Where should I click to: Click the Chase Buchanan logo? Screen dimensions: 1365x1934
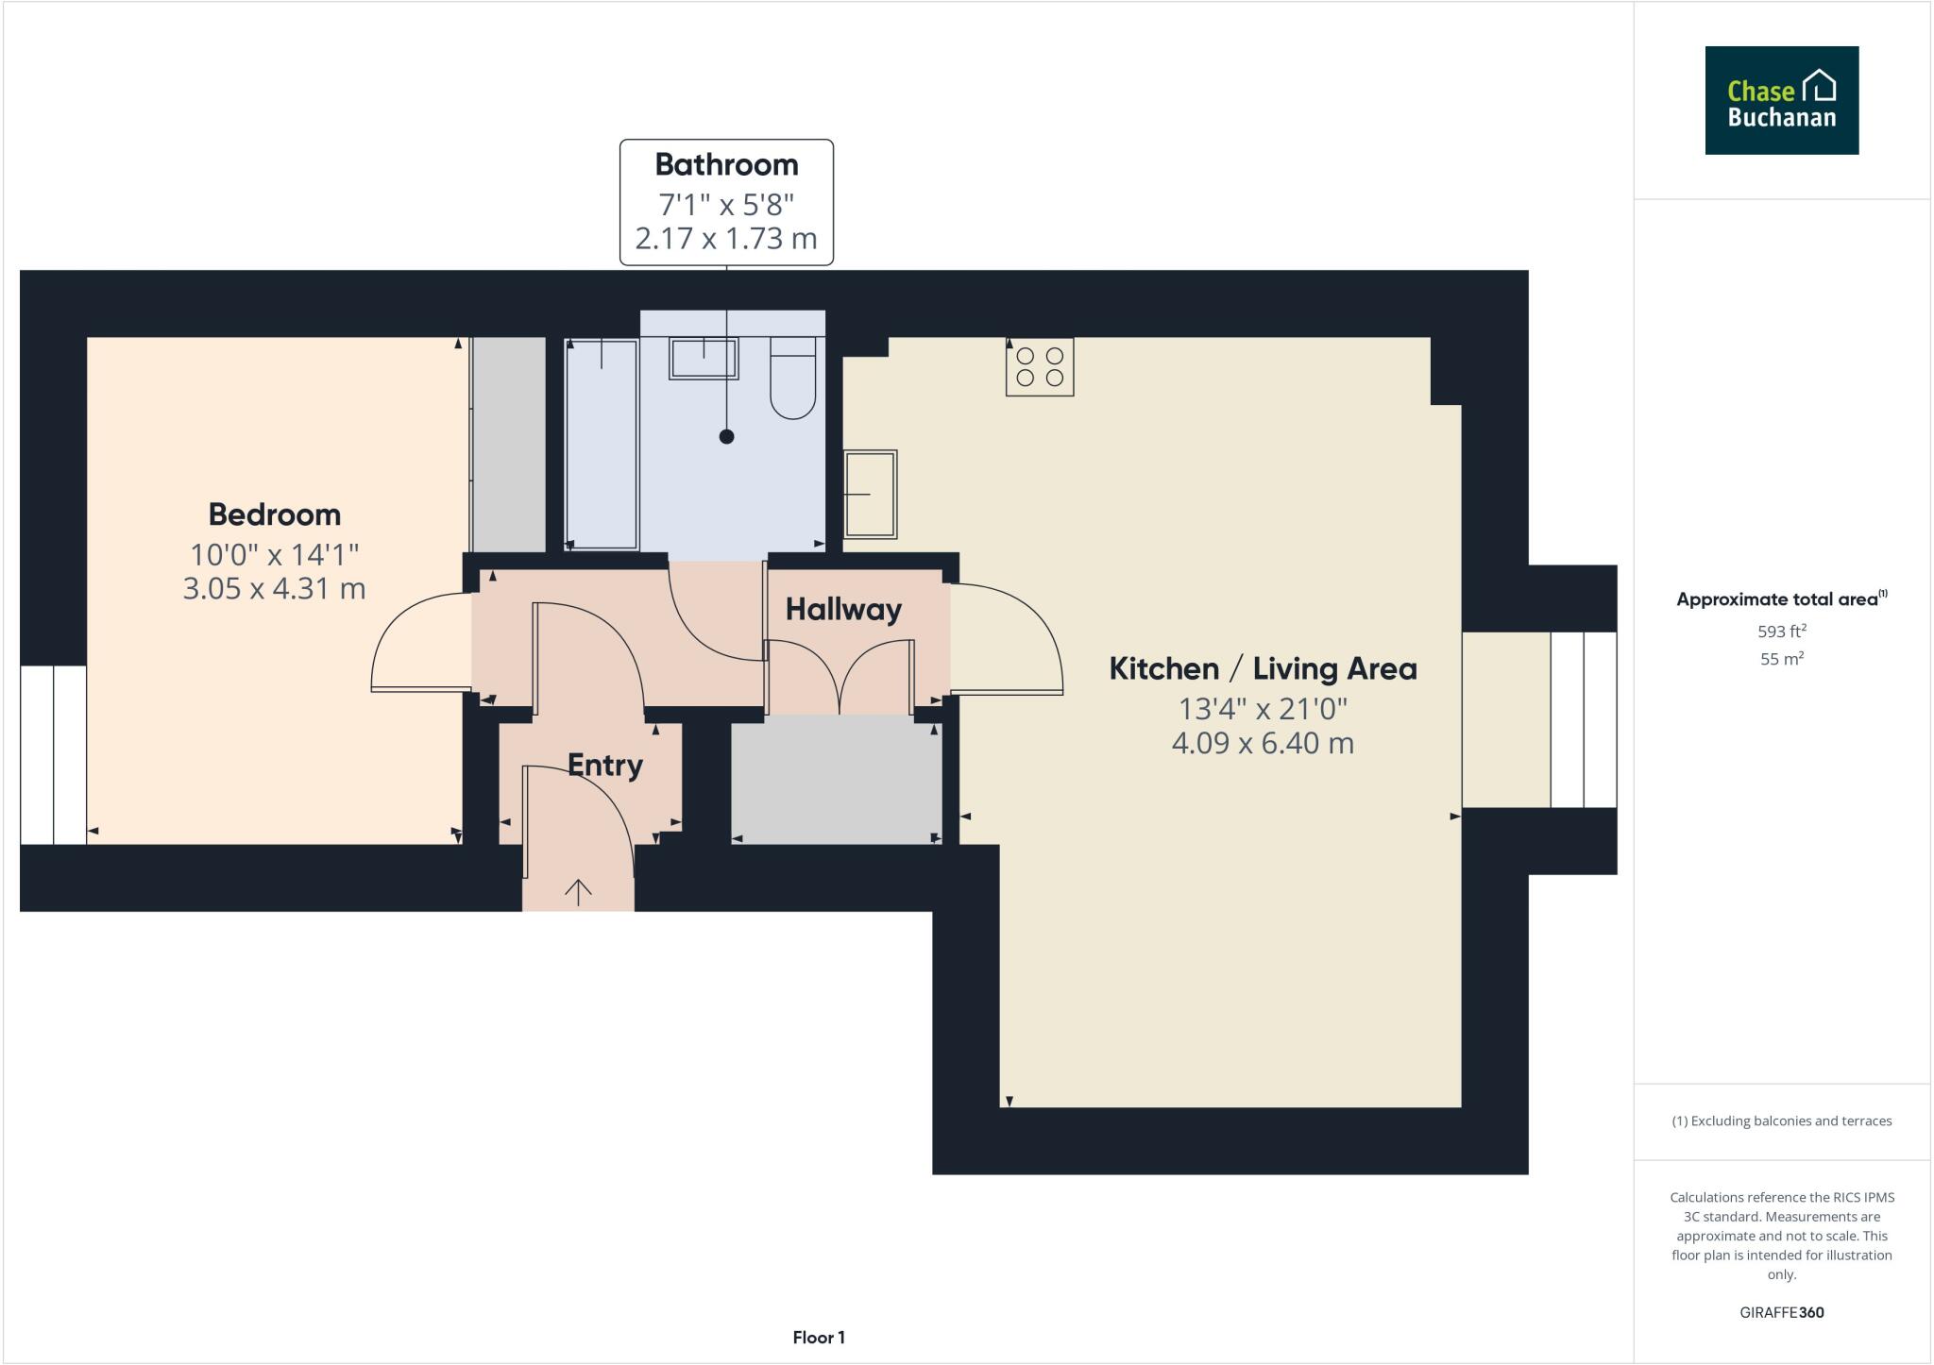[x=1781, y=100]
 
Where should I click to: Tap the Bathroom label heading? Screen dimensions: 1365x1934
[x=726, y=164]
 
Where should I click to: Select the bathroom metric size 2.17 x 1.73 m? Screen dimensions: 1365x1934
[x=726, y=238]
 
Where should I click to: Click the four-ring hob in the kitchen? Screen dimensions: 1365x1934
[x=1039, y=366]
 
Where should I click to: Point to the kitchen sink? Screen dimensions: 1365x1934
[x=870, y=494]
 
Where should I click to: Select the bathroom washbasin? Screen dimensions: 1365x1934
[x=704, y=359]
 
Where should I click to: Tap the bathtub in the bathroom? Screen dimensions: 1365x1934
[x=602, y=444]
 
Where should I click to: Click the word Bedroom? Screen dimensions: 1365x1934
[x=274, y=514]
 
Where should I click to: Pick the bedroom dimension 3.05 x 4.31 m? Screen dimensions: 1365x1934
[x=274, y=588]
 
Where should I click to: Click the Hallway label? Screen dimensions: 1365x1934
[x=843, y=609]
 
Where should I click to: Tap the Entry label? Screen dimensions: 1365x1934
[x=604, y=765]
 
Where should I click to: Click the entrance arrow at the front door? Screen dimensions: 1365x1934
[x=578, y=891]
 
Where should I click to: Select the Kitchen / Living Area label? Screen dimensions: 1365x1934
[x=1263, y=668]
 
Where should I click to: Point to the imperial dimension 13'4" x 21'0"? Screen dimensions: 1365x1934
[x=1263, y=708]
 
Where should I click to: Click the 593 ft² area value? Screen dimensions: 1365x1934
[x=1781, y=631]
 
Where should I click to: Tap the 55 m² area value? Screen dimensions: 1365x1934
[x=1781, y=659]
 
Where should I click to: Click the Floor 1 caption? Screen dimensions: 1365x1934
[x=818, y=1337]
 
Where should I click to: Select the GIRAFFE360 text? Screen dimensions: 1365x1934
[x=1781, y=1312]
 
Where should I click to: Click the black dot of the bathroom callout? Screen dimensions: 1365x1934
[x=726, y=436]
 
